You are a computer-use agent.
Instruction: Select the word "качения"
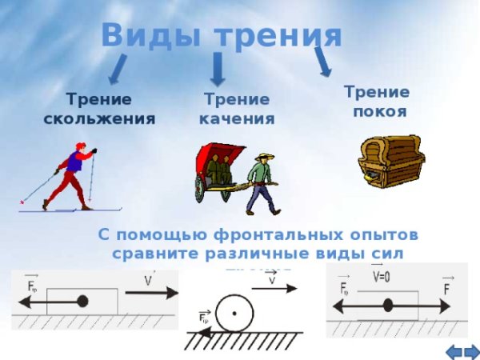(x=237, y=118)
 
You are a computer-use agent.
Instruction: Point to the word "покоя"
(x=378, y=110)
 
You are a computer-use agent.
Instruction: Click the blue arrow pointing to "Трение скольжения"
(x=118, y=69)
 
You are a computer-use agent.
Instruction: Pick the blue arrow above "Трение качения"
(x=217, y=70)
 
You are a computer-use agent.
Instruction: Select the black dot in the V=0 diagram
(x=388, y=305)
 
